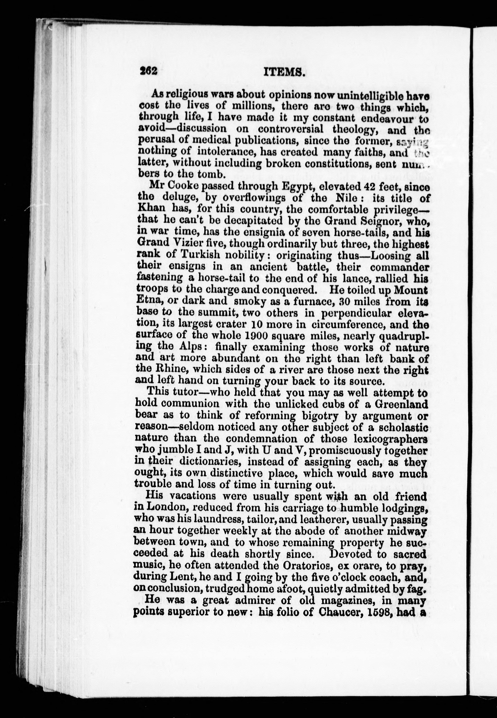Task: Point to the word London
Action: pyautogui.click(x=167, y=508)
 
